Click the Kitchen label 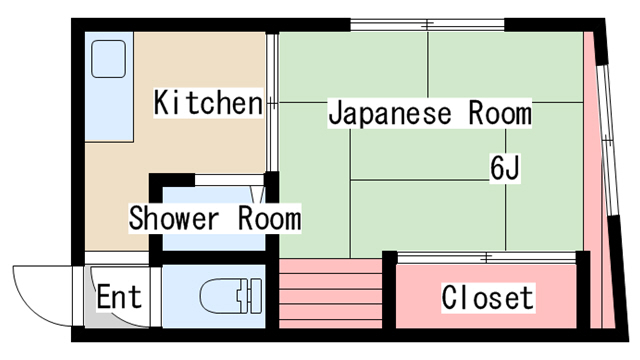[x=208, y=102]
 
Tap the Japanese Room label [x=430, y=113]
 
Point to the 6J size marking [x=505, y=168]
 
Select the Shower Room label [x=215, y=218]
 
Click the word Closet [x=488, y=298]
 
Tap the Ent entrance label [x=119, y=297]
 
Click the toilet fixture [x=231, y=296]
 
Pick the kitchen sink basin [x=108, y=59]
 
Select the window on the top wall [x=427, y=25]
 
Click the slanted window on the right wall [x=607, y=140]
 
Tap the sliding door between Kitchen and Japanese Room [x=272, y=102]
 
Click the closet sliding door [x=486, y=258]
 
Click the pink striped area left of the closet [x=330, y=293]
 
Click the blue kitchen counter [x=109, y=87]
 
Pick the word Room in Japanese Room [x=500, y=113]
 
